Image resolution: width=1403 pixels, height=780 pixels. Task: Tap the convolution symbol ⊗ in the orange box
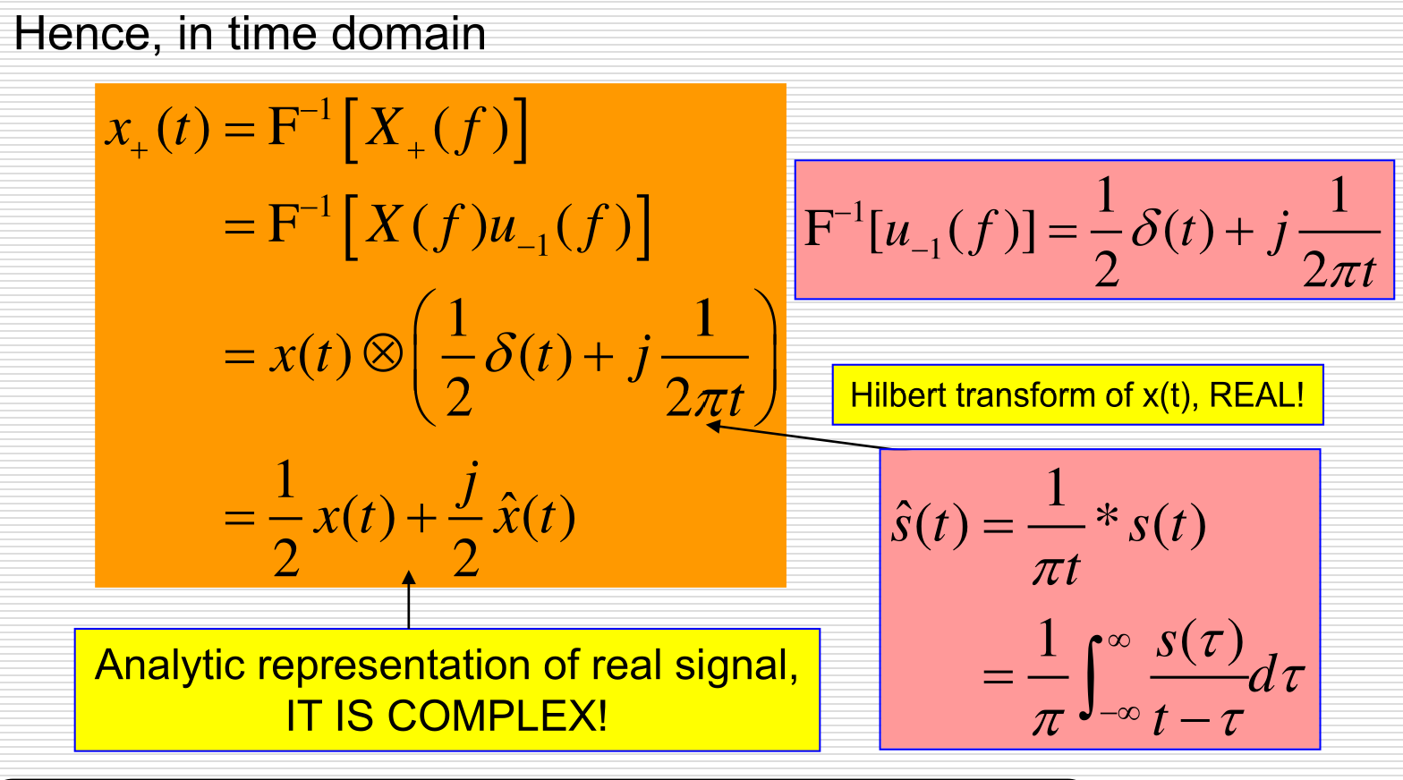click(383, 355)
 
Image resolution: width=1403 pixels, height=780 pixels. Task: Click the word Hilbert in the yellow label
click(901, 394)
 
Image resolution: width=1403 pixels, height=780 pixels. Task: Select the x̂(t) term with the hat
click(534, 518)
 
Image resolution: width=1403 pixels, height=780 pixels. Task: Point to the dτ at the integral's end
click(1276, 675)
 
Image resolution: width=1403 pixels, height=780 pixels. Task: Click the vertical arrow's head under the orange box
click(409, 578)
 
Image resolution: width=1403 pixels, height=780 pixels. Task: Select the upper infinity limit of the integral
click(1118, 640)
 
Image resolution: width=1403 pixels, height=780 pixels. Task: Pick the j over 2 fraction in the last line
click(466, 519)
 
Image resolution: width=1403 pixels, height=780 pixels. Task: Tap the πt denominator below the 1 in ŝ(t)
click(1056, 568)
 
